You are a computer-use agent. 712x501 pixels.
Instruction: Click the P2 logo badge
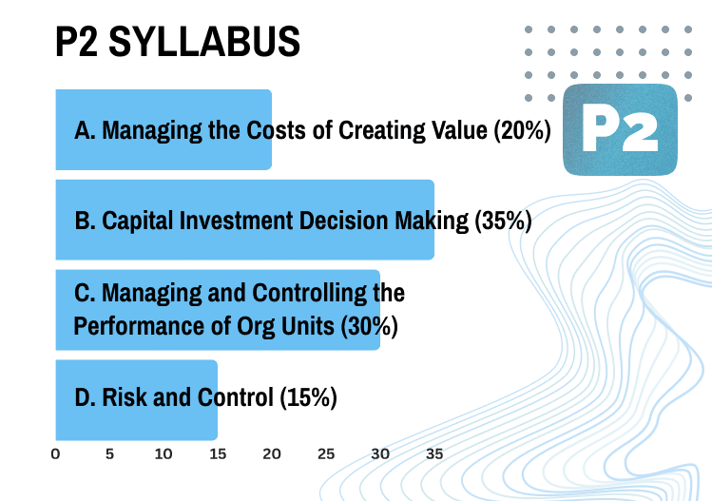coord(619,130)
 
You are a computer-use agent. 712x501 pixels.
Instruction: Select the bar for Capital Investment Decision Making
coord(244,220)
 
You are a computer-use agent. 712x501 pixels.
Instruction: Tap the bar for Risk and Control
coord(136,397)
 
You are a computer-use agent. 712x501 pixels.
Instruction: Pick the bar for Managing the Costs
coord(164,130)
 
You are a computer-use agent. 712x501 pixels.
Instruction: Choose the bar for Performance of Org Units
coord(218,309)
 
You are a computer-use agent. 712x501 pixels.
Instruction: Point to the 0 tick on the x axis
coord(55,454)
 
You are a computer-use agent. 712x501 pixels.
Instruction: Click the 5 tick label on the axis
coord(109,454)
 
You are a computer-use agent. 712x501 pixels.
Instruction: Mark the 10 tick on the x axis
coord(164,454)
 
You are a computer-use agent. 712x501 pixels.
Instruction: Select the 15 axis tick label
coord(218,454)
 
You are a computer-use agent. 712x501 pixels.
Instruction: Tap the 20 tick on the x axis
coord(272,454)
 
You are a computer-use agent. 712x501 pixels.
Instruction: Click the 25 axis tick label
coord(326,454)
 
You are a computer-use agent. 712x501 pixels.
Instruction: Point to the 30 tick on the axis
coord(380,454)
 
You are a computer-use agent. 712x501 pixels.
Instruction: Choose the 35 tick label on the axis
coord(434,454)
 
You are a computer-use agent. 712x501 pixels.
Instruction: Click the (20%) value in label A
coord(522,130)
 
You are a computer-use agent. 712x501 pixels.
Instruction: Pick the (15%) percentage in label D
coord(309,397)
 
